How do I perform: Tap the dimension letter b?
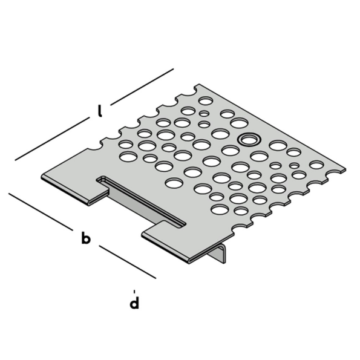86,238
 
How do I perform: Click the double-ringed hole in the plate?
247,139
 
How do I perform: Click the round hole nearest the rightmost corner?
315,165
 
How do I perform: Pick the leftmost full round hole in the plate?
128,156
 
